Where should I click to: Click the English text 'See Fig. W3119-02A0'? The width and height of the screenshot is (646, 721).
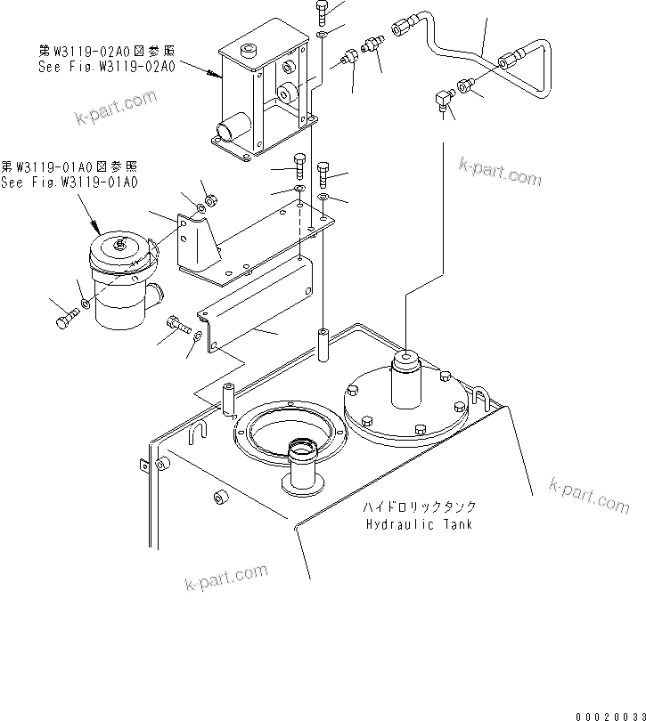click(x=106, y=66)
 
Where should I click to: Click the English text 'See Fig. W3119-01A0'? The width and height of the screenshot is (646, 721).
click(x=70, y=182)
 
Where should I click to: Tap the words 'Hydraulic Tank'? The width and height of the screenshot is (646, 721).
click(x=419, y=523)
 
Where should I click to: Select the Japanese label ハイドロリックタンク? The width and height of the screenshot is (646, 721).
click(x=419, y=506)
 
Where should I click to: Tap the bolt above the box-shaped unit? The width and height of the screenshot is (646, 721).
click(x=322, y=10)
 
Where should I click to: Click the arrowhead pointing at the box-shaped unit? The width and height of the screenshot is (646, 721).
click(x=217, y=76)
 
